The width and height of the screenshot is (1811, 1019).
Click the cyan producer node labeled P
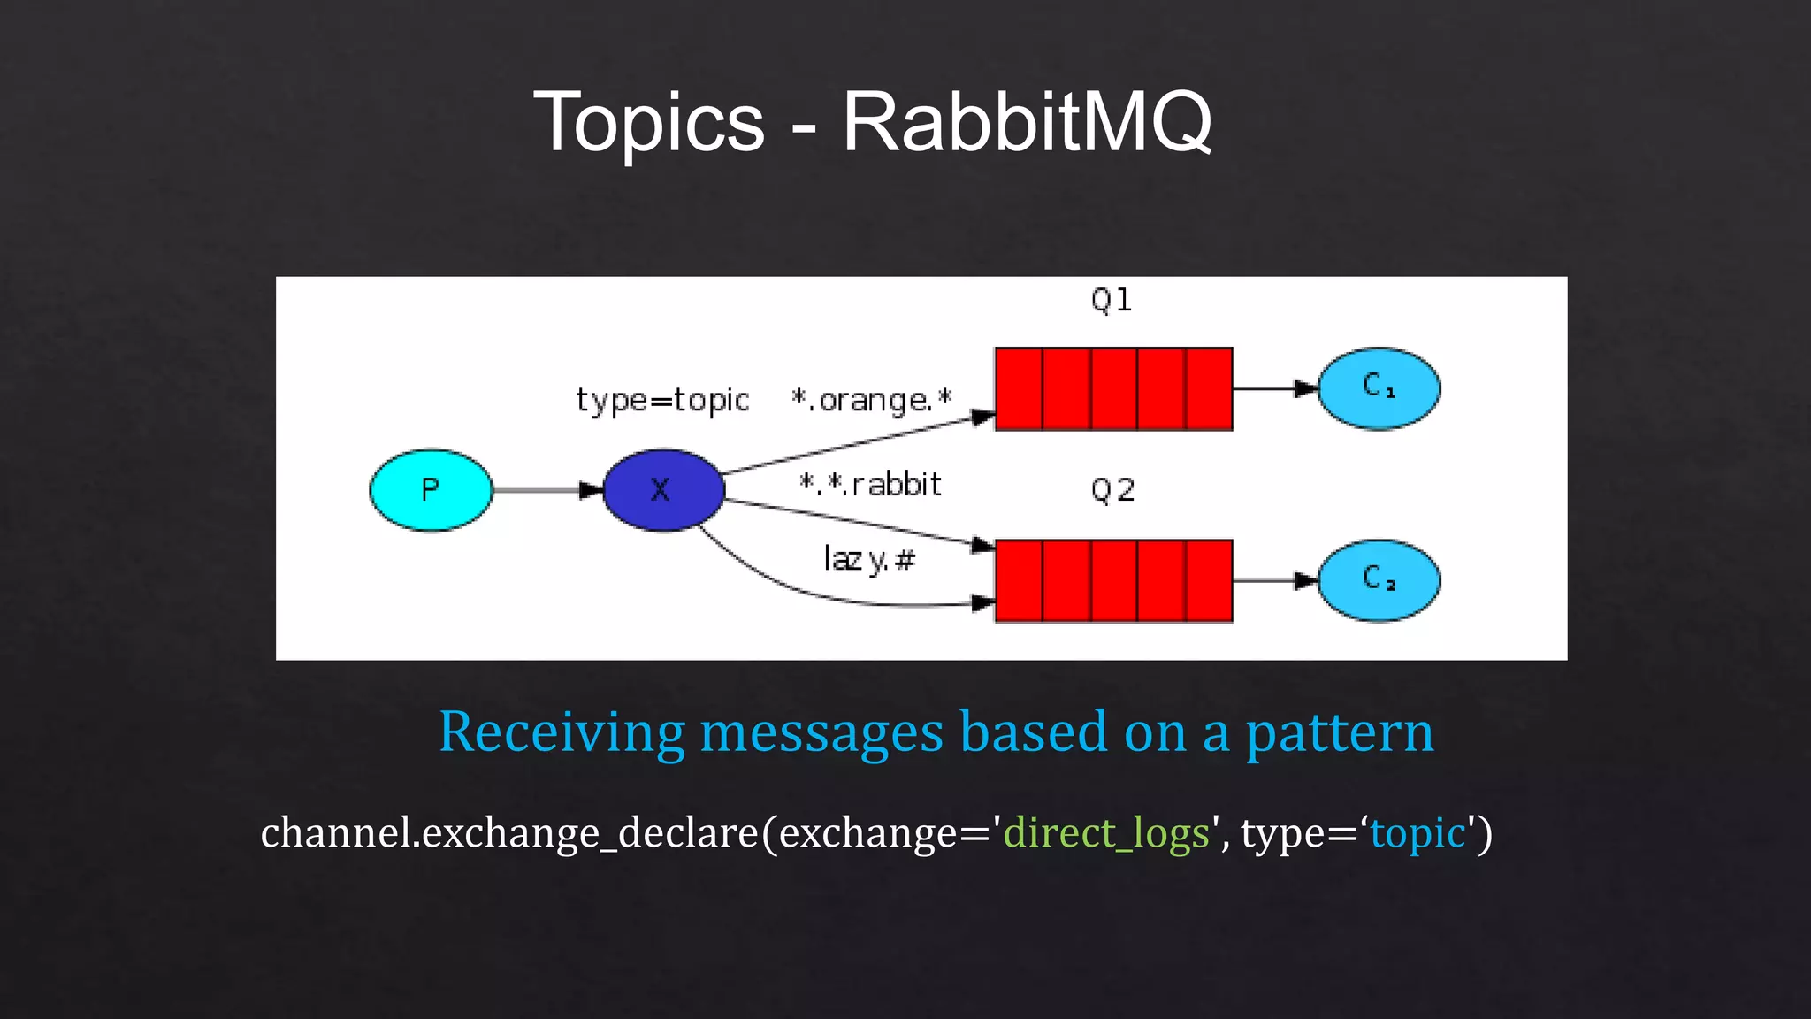[x=431, y=490]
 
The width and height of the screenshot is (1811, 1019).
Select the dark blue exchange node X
[x=663, y=490]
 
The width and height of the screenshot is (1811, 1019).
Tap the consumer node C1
[x=1379, y=388]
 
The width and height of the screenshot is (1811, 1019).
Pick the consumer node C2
[x=1379, y=581]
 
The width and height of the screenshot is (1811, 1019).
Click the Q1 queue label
[x=1112, y=301]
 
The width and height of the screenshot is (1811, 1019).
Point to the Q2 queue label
[x=1112, y=490]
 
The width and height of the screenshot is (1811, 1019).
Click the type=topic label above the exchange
[x=662, y=401]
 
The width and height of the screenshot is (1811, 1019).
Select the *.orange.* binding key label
[x=872, y=401]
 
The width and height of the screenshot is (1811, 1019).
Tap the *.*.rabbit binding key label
[x=870, y=485]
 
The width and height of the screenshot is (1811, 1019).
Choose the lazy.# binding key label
[x=869, y=559]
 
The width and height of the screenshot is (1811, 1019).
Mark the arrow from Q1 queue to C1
[x=1274, y=388]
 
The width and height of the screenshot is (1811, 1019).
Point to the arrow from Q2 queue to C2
[x=1274, y=581]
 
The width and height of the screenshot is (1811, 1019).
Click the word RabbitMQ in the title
[x=1027, y=122]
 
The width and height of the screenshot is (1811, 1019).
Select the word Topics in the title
[x=649, y=122]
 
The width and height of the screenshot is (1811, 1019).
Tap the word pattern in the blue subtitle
[x=1340, y=732]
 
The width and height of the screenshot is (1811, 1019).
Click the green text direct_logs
[x=1106, y=833]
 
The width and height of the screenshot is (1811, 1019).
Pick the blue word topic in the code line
[x=1417, y=833]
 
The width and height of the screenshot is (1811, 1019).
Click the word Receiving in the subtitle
[x=562, y=732]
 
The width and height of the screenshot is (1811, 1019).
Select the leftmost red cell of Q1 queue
[x=1019, y=389]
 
